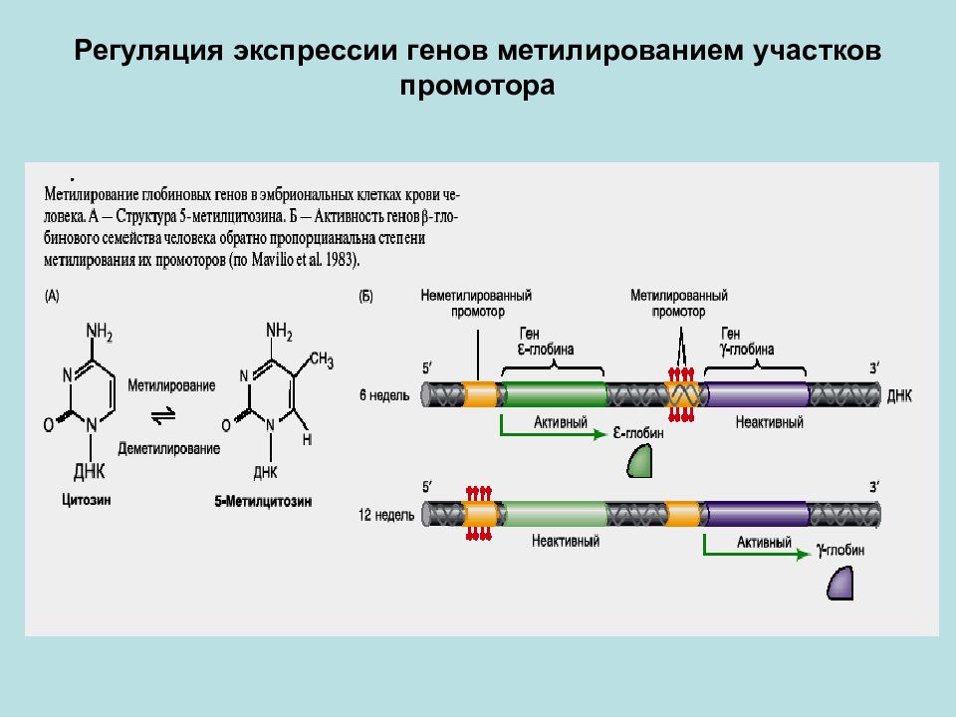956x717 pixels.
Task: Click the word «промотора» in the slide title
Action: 477,86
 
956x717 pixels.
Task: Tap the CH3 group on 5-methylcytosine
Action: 322,359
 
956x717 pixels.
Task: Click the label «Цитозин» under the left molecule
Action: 86,500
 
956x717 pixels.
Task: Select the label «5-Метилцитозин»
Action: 263,501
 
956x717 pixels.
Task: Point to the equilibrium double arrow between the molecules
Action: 163,416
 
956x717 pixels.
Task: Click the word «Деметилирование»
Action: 169,449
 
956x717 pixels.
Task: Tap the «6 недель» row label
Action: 384,395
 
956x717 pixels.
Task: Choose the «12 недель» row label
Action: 386,515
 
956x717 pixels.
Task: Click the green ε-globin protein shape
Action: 639,461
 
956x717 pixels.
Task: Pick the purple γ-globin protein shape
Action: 840,583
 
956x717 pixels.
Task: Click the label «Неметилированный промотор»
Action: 476,303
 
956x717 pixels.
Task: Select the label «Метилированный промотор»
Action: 678,303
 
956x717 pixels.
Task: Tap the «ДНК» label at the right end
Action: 899,395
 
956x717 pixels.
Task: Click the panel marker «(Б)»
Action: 365,297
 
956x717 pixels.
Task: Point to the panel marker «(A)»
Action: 52,297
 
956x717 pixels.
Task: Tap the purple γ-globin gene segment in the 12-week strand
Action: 756,514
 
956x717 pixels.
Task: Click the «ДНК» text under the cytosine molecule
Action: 90,471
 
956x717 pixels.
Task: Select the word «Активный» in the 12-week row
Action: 764,542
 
